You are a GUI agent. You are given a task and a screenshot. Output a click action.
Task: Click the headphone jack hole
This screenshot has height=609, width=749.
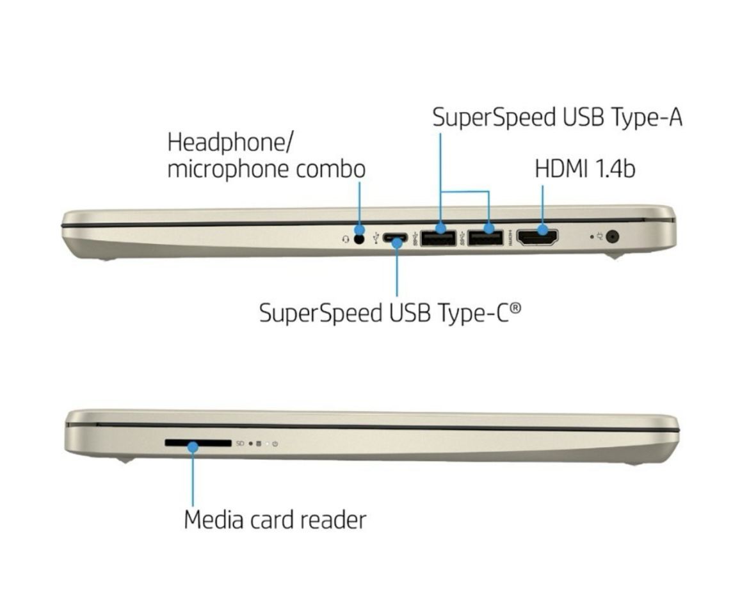359,238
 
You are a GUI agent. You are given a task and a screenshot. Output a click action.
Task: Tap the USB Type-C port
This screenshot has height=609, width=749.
394,238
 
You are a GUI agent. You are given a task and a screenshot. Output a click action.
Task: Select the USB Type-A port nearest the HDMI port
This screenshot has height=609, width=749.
485,238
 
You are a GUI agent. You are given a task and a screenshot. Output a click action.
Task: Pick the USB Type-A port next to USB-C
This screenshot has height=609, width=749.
438,238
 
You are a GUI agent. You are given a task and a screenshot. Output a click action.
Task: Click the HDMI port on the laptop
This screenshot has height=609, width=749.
537,238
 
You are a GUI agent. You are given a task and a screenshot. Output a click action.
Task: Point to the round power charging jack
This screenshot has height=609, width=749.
613,236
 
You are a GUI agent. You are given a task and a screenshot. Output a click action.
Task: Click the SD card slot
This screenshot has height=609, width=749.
198,443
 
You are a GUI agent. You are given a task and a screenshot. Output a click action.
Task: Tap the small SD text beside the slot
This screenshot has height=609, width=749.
240,444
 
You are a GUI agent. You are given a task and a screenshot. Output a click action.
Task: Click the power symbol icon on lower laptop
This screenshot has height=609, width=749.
275,444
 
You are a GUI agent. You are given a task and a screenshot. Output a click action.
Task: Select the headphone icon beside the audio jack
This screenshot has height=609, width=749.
346,239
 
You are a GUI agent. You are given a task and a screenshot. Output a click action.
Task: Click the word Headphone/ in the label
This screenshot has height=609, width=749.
230,143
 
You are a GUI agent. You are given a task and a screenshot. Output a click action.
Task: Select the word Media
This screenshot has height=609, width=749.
214,520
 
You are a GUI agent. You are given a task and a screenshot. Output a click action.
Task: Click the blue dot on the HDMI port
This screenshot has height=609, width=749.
543,230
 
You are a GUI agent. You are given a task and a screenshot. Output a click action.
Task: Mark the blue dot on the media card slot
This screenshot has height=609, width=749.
193,448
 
